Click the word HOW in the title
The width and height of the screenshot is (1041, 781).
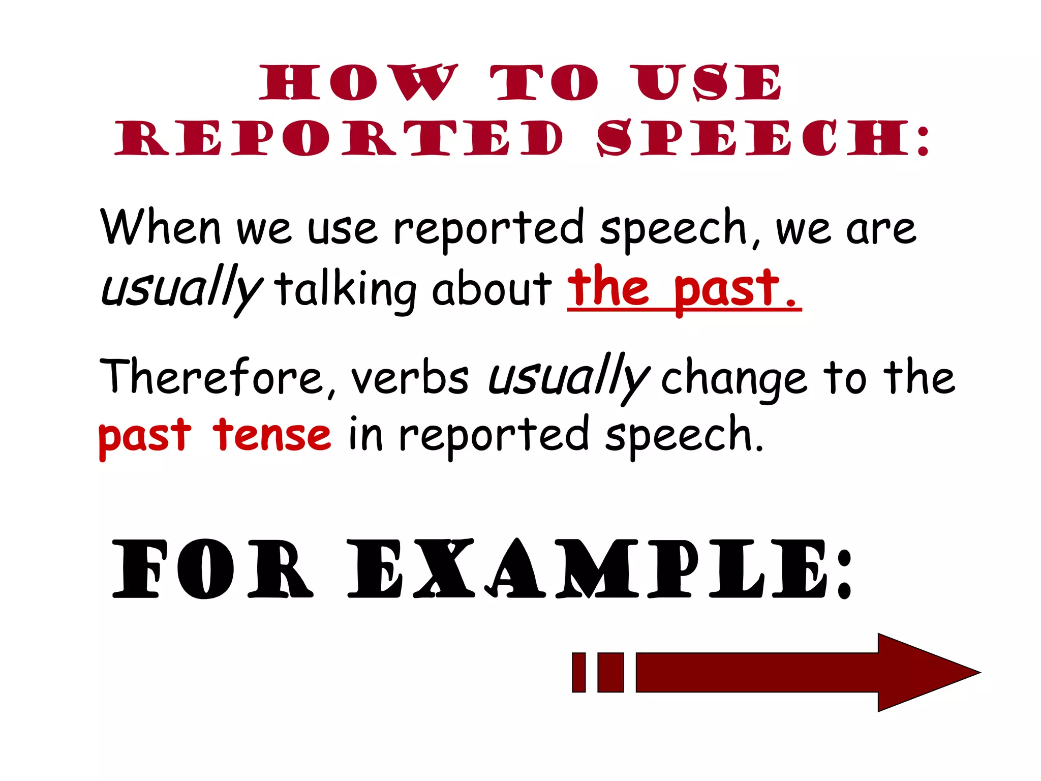pyautogui.click(x=359, y=82)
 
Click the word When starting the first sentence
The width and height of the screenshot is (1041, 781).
pyautogui.click(x=161, y=227)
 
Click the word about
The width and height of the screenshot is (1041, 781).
pyautogui.click(x=492, y=288)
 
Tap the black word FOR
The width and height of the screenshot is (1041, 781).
pyautogui.click(x=211, y=569)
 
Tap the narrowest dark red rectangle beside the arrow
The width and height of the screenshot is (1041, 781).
pyautogui.click(x=578, y=672)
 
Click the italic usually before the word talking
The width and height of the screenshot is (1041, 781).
pyautogui.click(x=181, y=289)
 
